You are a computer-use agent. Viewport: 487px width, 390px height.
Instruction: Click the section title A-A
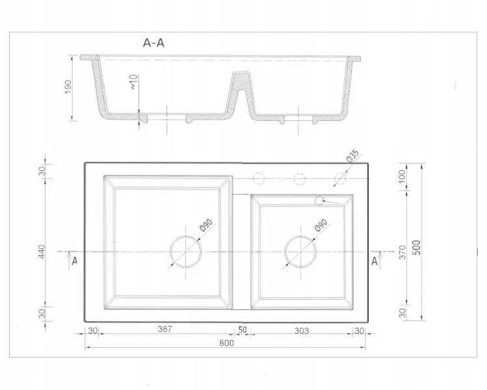pos(153,43)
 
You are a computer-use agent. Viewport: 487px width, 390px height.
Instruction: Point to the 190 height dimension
pos(68,87)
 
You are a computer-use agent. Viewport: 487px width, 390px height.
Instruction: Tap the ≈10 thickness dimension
pos(134,82)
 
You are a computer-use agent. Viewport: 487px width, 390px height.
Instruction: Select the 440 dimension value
pos(42,252)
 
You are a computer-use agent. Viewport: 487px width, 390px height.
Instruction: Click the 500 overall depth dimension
pos(417,248)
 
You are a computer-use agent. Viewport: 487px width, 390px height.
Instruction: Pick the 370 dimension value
pos(402,252)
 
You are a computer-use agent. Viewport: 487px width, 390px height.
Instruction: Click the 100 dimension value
pos(402,176)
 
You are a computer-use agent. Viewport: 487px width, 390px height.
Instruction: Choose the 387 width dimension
pos(165,329)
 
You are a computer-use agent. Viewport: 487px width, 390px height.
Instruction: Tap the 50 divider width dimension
pos(242,330)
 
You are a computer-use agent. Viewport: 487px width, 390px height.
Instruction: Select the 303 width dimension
pos(301,331)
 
